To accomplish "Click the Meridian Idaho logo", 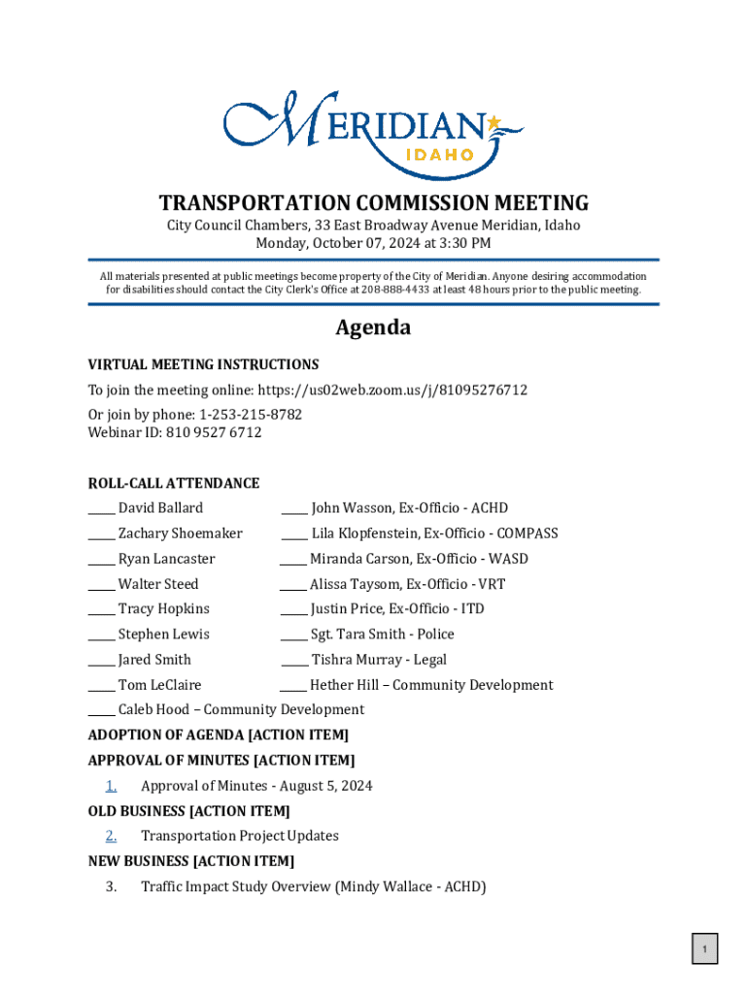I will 373,134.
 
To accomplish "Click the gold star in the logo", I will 493,123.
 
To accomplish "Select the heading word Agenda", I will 373,328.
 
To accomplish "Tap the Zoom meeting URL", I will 392,390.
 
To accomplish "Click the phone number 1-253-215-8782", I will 251,415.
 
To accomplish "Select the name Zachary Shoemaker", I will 181,533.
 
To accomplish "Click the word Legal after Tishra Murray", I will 430,660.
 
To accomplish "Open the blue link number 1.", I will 112,786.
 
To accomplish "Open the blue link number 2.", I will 112,837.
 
